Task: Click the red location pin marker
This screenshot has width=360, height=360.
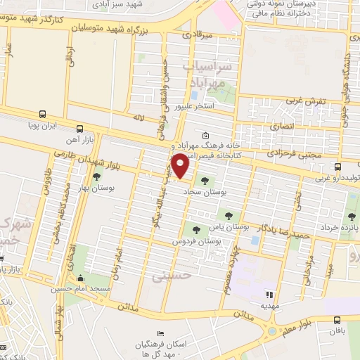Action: [x=181, y=165]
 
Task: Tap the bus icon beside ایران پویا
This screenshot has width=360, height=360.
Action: [x=42, y=114]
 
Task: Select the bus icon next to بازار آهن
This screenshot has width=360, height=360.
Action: [x=79, y=129]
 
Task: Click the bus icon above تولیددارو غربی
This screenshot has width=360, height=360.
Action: [x=338, y=167]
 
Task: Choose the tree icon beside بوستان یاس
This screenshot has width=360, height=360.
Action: [x=228, y=214]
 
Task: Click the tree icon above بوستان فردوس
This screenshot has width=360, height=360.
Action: [x=195, y=229]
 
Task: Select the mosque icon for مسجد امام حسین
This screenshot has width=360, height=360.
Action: [x=80, y=278]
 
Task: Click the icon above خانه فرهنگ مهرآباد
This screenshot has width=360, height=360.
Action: [x=205, y=136]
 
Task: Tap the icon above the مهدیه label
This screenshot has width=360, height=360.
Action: [x=268, y=294]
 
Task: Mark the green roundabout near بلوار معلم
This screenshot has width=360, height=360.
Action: [x=271, y=330]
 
